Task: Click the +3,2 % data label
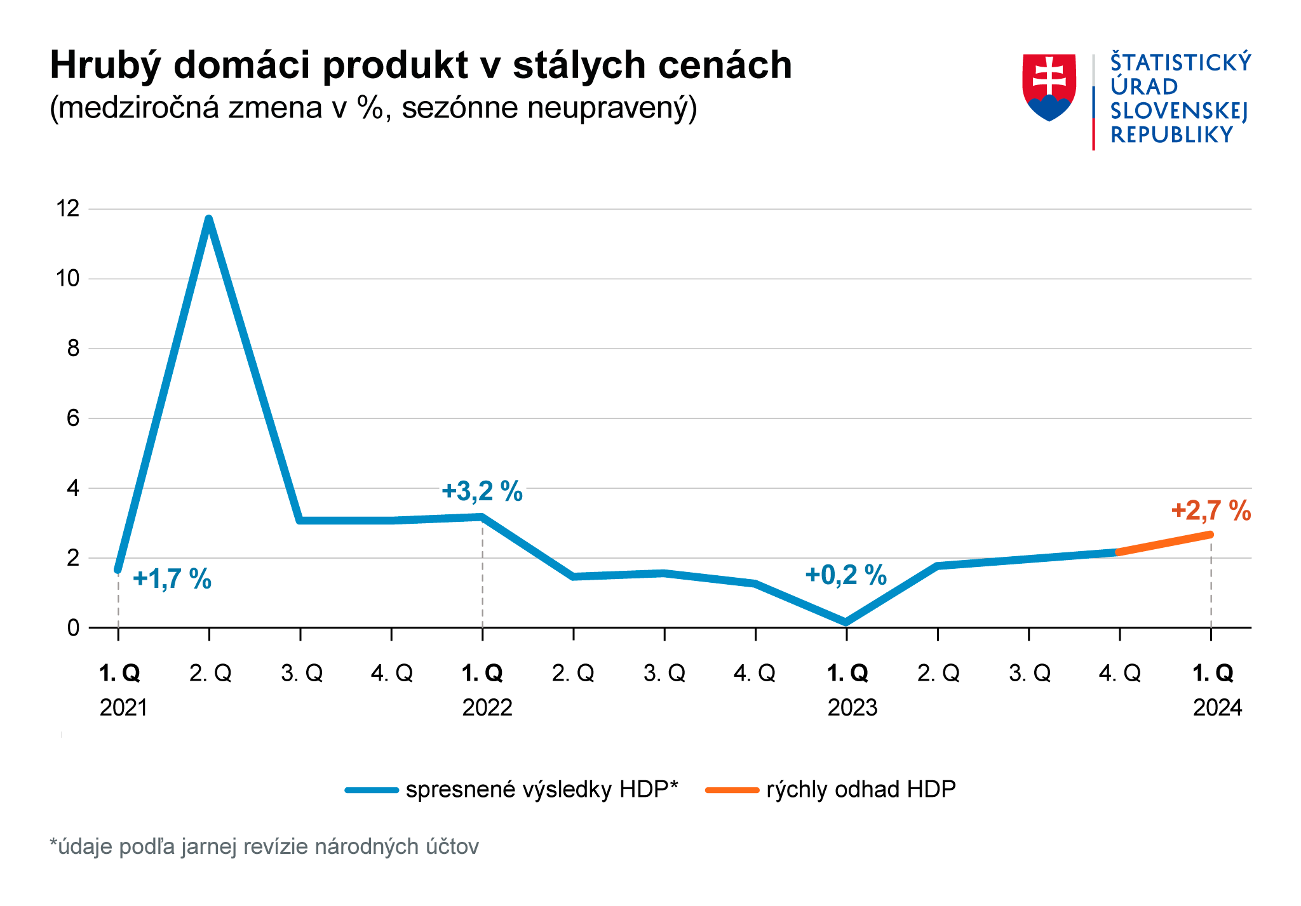pyautogui.click(x=482, y=491)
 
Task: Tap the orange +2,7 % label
pyautogui.click(x=1211, y=511)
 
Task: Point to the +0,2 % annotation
pyautogui.click(x=846, y=575)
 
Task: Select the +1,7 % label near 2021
pyautogui.click(x=172, y=579)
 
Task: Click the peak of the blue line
pyautogui.click(x=209, y=220)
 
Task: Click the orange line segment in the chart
pyautogui.click(x=1164, y=543)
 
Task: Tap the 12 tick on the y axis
pyautogui.click(x=68, y=208)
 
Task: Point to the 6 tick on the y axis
pyautogui.click(x=73, y=418)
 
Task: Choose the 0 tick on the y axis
pyautogui.click(x=73, y=627)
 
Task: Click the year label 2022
pyautogui.click(x=487, y=707)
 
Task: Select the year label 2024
pyautogui.click(x=1217, y=707)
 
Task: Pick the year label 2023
pyautogui.click(x=852, y=707)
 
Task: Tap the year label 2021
pyautogui.click(x=123, y=707)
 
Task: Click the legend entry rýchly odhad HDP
pyautogui.click(x=861, y=789)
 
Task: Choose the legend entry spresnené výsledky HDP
pyautogui.click(x=541, y=789)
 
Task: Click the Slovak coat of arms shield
pyautogui.click(x=1049, y=87)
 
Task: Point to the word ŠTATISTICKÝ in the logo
pyautogui.click(x=1180, y=63)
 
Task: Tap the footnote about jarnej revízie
pyautogui.click(x=264, y=846)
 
